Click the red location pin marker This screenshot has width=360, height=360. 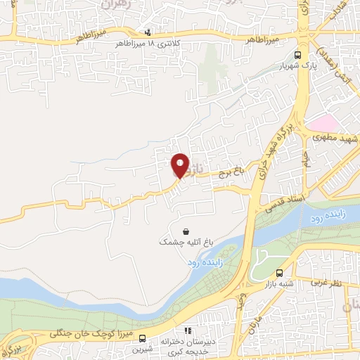coord(180,165)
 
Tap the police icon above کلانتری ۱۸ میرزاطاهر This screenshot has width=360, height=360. coord(147,32)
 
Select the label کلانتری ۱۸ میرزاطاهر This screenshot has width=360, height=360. coord(148,44)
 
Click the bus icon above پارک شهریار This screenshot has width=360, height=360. coord(298,55)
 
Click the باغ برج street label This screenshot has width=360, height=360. coord(229,169)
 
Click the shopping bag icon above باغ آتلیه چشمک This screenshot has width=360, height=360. coord(185,231)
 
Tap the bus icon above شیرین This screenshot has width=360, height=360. coord(142,338)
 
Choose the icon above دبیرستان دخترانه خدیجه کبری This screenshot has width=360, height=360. coord(187,330)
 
